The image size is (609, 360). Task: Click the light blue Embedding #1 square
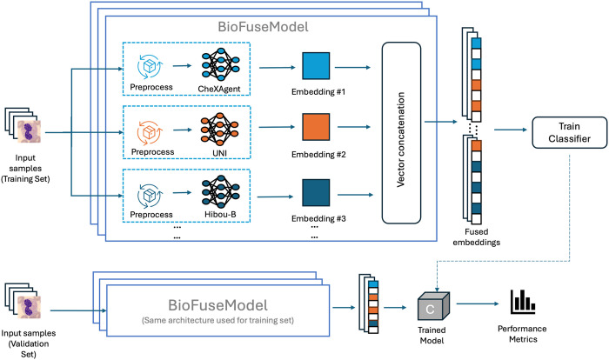(x=316, y=66)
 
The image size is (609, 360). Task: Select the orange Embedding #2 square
(x=316, y=127)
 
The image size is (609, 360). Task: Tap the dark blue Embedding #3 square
(x=316, y=193)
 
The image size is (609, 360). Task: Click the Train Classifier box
(x=569, y=132)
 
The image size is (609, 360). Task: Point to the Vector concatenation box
(x=401, y=133)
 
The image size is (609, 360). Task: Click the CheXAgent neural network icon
(x=221, y=64)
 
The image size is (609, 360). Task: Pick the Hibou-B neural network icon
(x=221, y=192)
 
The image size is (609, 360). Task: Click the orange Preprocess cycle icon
(x=150, y=132)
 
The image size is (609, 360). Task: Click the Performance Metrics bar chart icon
(x=523, y=302)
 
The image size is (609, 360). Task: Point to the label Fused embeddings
(x=477, y=237)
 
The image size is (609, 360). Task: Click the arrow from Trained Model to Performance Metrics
(x=478, y=303)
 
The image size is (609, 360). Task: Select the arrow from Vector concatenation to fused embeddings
(x=441, y=122)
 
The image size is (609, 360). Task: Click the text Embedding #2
(x=318, y=155)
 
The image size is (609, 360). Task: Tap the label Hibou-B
(x=220, y=215)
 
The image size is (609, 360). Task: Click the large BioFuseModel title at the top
(x=264, y=27)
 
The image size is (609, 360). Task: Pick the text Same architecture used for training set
(x=217, y=320)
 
